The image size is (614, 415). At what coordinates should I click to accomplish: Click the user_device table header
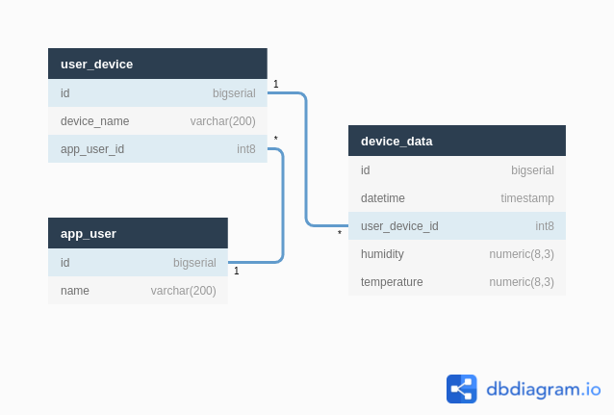(97, 64)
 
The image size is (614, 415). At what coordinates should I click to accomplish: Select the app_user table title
(89, 233)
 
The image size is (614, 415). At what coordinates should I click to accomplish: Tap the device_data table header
(397, 141)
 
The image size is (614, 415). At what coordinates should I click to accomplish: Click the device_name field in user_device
(94, 121)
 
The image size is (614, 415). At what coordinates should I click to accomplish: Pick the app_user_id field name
(92, 149)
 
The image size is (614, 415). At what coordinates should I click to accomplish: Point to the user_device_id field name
(399, 226)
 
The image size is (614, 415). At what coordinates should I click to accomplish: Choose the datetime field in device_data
(383, 198)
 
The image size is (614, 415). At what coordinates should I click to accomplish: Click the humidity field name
(382, 254)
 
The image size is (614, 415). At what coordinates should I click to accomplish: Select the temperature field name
(392, 282)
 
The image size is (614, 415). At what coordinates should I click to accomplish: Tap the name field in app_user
(75, 291)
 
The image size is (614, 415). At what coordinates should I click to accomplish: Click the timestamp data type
(527, 198)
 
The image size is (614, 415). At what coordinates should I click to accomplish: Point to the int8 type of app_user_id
(246, 149)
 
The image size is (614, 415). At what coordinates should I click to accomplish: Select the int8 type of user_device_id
(545, 226)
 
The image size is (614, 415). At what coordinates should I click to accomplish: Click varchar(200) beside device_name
(223, 121)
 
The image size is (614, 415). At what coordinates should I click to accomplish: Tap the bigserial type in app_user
(194, 263)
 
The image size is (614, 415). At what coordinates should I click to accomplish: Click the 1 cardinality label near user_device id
(276, 85)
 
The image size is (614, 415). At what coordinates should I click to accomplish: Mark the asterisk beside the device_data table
(340, 234)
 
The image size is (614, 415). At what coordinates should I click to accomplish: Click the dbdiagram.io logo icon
(462, 389)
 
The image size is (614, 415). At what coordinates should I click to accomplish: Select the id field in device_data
(366, 170)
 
